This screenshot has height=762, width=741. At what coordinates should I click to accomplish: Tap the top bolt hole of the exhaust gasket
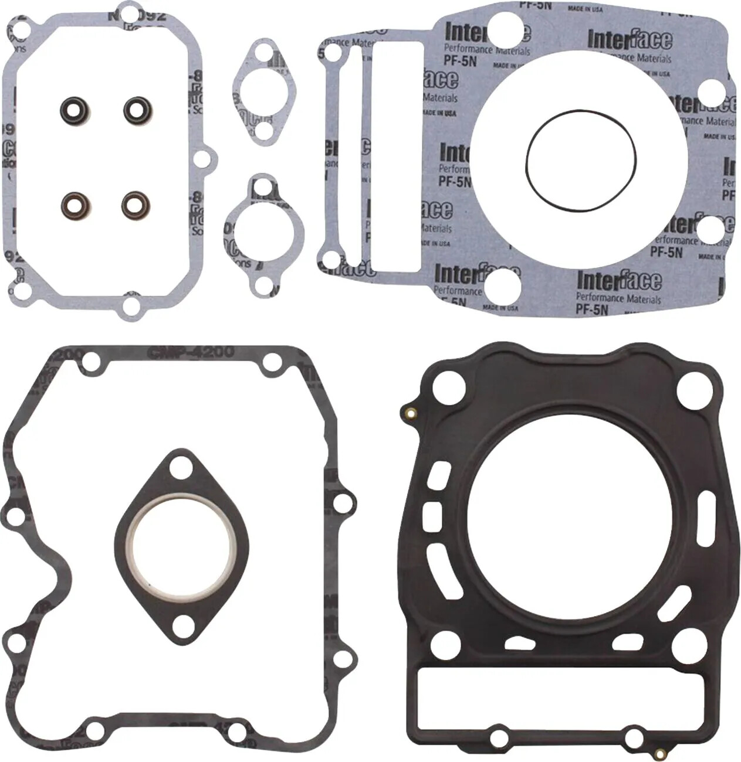181,470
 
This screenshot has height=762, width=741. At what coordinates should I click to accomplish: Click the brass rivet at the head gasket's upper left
411,413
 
